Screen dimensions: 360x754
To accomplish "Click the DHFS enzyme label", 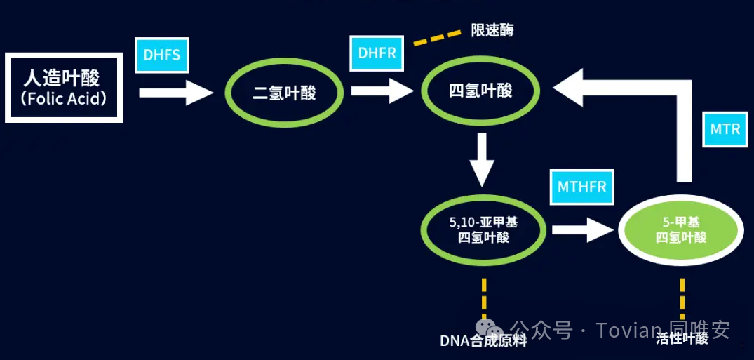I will click(x=162, y=54).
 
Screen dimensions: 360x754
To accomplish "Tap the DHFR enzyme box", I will click(x=377, y=53).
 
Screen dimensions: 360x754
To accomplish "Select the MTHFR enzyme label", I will click(x=581, y=187).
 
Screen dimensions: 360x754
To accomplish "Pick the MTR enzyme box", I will click(x=725, y=130).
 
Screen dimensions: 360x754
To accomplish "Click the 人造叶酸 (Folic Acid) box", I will click(x=64, y=87).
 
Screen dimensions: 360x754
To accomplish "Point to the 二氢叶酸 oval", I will click(x=284, y=92).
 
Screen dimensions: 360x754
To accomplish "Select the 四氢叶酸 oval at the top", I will click(x=480, y=91).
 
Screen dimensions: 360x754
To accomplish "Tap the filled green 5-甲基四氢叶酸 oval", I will click(x=680, y=229).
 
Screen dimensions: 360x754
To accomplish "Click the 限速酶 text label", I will click(x=492, y=31).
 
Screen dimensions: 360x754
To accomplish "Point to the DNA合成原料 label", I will click(x=483, y=341).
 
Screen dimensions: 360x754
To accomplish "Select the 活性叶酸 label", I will click(x=682, y=339).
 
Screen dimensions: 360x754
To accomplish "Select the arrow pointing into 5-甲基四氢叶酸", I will click(x=582, y=229).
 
